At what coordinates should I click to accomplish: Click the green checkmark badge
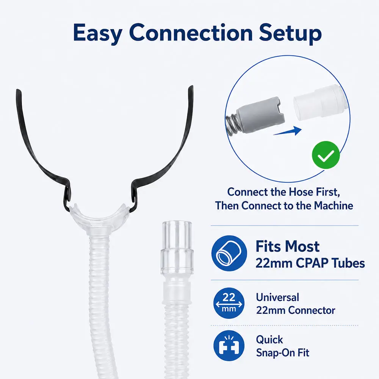(326, 155)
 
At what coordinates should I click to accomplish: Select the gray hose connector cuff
(260, 114)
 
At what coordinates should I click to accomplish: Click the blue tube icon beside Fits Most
(229, 253)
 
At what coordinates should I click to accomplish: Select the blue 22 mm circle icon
(229, 303)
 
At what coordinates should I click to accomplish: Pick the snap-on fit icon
(229, 346)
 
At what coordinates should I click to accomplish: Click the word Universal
(277, 297)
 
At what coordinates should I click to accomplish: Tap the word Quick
(269, 340)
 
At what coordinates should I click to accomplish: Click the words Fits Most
(288, 246)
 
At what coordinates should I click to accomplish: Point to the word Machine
(334, 206)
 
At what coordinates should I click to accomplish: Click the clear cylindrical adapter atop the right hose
(177, 247)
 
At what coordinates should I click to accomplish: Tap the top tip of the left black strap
(18, 90)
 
